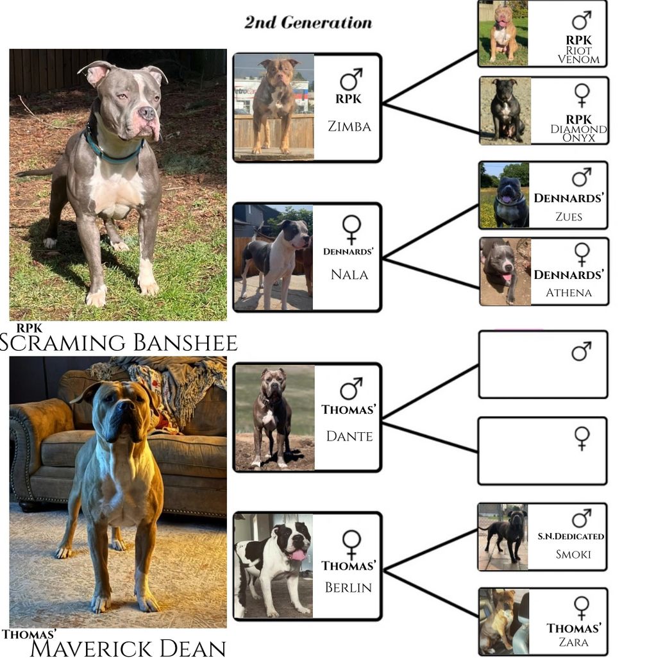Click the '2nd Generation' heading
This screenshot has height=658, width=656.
point(308,22)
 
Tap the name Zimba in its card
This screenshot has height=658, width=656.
point(349,126)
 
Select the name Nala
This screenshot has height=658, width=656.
point(349,275)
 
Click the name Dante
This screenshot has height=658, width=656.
point(349,436)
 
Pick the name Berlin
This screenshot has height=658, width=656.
point(349,587)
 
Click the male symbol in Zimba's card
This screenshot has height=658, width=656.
point(351,80)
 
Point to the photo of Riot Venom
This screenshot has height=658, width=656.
point(503,33)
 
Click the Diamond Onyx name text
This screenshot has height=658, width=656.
point(579,133)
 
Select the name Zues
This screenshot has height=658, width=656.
point(569,217)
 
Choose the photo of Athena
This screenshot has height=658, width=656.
point(505,271)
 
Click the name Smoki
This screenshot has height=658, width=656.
point(573,554)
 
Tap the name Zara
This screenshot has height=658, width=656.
point(573,641)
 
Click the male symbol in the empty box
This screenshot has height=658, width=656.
point(581,351)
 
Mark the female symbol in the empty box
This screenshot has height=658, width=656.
point(582,438)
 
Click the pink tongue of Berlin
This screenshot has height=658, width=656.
point(298,555)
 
